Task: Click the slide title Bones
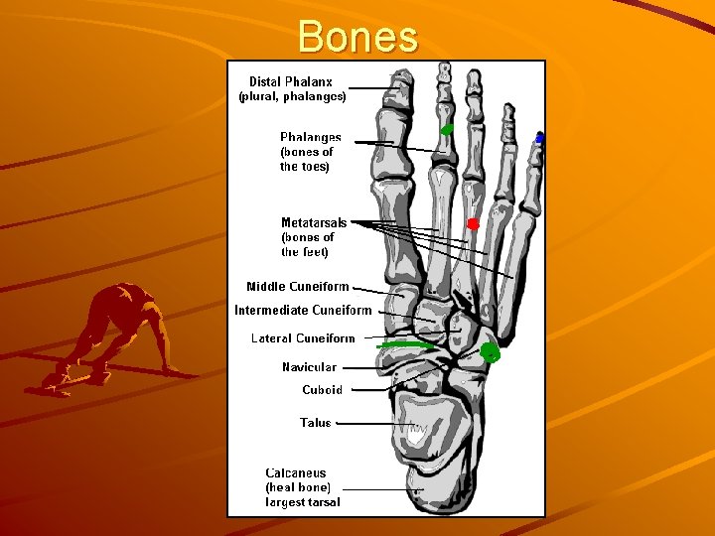[x=357, y=37]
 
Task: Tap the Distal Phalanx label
[x=291, y=81]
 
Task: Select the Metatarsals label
[x=314, y=222]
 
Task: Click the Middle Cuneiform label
[x=298, y=287]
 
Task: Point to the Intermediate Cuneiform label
[x=303, y=310]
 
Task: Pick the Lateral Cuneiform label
[x=303, y=338]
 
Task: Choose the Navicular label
[x=309, y=367]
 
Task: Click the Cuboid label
[x=322, y=390]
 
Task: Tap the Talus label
[x=316, y=423]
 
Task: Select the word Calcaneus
[x=296, y=473]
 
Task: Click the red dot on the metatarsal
[x=474, y=224]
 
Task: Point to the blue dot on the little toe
[x=539, y=139]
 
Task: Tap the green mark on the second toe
[x=448, y=129]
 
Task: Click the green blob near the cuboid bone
[x=490, y=352]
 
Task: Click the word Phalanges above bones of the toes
[x=311, y=138]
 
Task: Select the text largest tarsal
[x=303, y=502]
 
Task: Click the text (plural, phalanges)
[x=292, y=97]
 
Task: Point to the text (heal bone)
[x=298, y=488]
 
